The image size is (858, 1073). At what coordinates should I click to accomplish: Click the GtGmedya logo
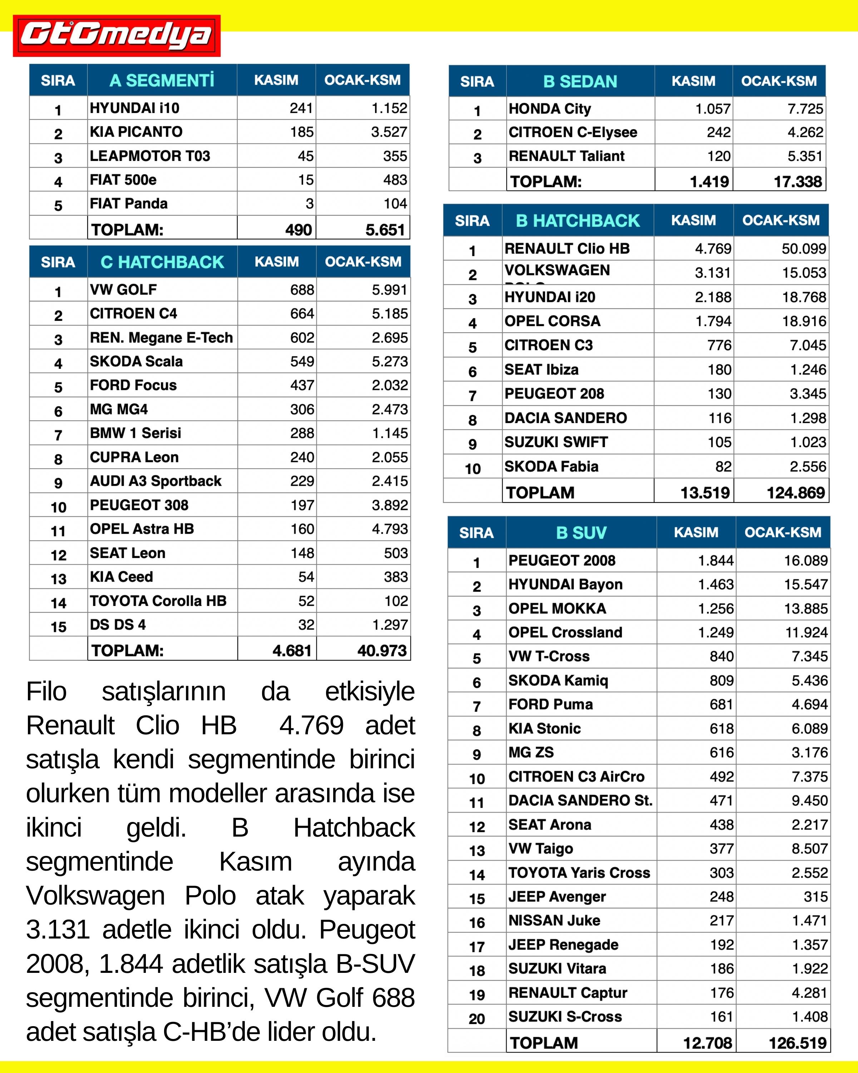[117, 36]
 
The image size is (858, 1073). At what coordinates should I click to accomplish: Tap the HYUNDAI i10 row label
[134, 108]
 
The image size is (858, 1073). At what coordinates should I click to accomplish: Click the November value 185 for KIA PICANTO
[302, 132]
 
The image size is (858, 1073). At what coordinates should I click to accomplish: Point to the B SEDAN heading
[580, 81]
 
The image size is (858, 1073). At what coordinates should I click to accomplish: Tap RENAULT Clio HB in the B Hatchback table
[567, 248]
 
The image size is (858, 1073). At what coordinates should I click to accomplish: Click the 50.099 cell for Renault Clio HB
[804, 248]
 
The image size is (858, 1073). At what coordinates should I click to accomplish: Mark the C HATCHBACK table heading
[162, 262]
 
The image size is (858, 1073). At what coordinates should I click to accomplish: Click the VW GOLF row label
[123, 290]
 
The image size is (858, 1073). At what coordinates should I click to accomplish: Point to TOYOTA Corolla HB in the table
[158, 601]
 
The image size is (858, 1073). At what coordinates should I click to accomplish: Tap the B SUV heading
[581, 533]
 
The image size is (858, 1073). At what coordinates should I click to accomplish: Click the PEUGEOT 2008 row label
[562, 560]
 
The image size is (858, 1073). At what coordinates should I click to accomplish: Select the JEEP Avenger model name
[557, 896]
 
